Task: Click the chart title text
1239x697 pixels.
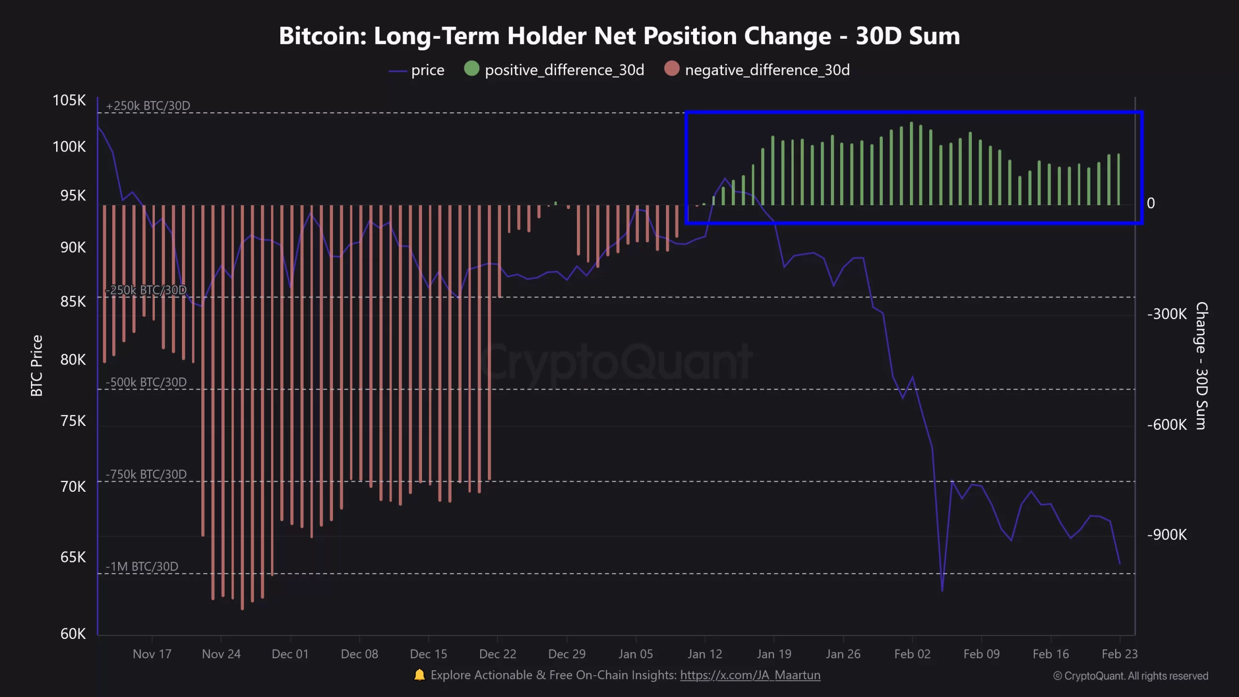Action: [x=619, y=36]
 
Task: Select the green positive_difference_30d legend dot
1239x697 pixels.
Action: [x=471, y=69]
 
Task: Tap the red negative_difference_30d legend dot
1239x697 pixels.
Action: [x=672, y=69]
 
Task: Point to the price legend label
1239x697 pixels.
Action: [x=427, y=70]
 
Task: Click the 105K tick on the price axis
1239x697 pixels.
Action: [x=69, y=100]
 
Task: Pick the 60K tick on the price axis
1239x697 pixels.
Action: [x=73, y=634]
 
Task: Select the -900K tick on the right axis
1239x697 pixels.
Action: [x=1167, y=535]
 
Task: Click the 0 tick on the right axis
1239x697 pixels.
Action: [x=1151, y=203]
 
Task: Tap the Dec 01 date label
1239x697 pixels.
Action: [x=290, y=654]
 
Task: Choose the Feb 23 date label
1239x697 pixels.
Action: [x=1119, y=654]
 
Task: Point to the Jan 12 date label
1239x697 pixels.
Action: [x=705, y=654]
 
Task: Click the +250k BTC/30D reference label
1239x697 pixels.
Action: [x=148, y=106]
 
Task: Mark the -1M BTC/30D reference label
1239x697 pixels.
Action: [x=142, y=566]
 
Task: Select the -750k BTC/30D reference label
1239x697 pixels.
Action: [x=146, y=474]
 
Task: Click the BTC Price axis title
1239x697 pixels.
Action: [x=37, y=365]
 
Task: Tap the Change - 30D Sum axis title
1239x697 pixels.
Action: [x=1202, y=365]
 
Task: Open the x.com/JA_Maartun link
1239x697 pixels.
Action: [x=750, y=675]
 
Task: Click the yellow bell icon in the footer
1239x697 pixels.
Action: [x=419, y=675]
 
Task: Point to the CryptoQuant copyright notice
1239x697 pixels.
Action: [x=1131, y=676]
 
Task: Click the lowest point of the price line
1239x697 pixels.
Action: [x=942, y=591]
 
